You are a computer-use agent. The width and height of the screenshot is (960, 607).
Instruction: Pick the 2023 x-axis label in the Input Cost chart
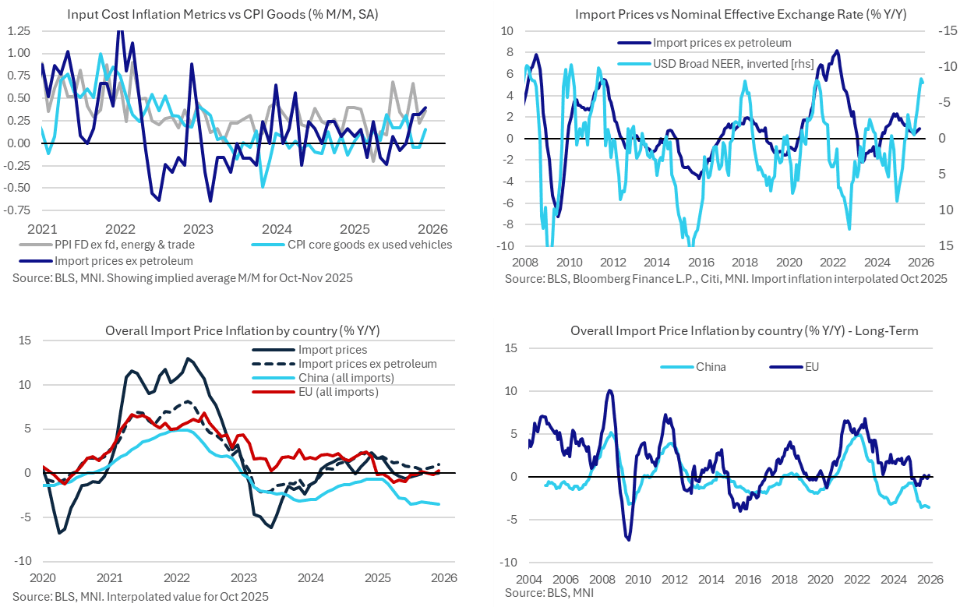199,229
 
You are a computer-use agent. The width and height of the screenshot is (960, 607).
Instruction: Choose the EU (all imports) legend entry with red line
338,392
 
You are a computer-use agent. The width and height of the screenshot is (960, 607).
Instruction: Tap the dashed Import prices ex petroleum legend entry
367,364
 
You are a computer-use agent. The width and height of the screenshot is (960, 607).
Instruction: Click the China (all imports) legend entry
346,378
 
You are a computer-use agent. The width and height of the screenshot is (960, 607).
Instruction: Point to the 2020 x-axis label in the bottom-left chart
42,577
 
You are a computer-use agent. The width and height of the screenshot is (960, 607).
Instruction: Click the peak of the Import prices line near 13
188,358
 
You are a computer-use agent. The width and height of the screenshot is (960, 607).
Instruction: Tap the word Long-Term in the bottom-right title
888,330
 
